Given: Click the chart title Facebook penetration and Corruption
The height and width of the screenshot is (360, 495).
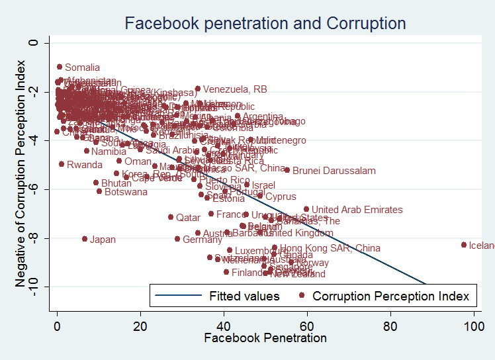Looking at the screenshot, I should [265, 24].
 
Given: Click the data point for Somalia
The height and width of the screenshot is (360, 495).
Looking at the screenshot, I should [60, 67].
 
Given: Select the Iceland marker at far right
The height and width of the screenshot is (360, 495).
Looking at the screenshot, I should [463, 245].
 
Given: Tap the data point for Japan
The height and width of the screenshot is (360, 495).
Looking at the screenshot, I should [85, 239].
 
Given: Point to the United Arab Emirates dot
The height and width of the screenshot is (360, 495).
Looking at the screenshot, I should [306, 209].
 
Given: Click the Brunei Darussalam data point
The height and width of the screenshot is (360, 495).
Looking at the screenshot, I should [287, 170].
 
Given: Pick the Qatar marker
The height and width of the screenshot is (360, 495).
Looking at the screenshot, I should [171, 217].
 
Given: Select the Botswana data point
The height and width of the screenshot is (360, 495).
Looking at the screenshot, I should [99, 191].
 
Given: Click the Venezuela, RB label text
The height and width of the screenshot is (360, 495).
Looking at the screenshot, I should [235, 89].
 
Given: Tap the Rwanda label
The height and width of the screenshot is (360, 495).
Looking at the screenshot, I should [85, 164].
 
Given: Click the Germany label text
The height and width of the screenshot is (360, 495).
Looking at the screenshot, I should [202, 240].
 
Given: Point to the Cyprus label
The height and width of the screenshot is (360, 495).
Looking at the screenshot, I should [281, 197].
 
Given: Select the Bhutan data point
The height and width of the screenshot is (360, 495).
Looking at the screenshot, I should [96, 183].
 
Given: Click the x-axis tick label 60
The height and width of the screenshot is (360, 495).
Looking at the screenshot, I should [306, 326].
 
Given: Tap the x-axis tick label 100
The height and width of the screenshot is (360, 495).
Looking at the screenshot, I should [472, 326].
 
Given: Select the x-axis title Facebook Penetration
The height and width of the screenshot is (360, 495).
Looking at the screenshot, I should [265, 338].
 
